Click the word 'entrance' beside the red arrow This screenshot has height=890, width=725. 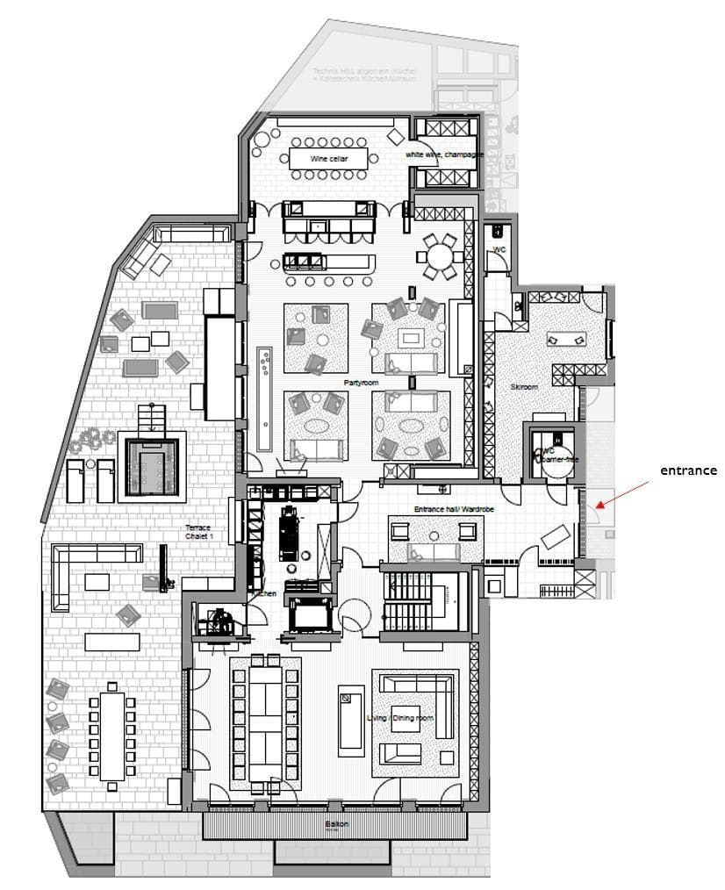688,470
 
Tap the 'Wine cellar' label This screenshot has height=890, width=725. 329,159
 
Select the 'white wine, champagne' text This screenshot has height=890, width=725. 444,154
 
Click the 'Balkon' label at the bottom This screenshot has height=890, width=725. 337,825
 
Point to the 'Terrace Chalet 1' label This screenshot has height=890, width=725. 197,532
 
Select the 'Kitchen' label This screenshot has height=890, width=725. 264,594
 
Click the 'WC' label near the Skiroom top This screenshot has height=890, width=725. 499,249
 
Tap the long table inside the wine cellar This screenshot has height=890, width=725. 328,159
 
